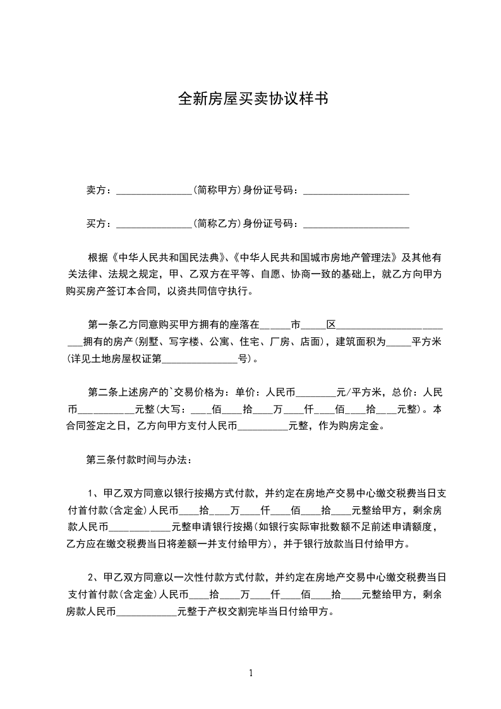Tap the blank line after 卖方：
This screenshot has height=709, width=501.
pos(154,191)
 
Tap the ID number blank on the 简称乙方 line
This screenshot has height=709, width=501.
pos(356,224)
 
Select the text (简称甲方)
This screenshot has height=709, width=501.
pos(217,190)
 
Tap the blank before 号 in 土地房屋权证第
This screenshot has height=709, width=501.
pos(200,360)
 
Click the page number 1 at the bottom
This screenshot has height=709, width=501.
pos(251,673)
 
